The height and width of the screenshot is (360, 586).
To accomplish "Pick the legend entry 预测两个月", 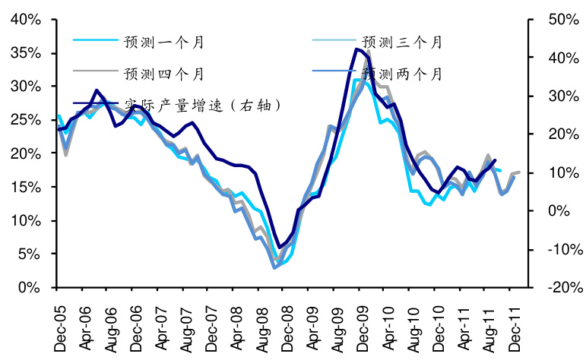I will click(401, 74).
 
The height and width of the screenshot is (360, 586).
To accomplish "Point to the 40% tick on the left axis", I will click(26, 20).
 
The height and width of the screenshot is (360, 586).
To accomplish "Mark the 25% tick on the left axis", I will click(26, 120).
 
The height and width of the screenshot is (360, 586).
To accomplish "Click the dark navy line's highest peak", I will click(356, 49).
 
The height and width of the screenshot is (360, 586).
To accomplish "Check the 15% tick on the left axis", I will click(26, 187).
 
